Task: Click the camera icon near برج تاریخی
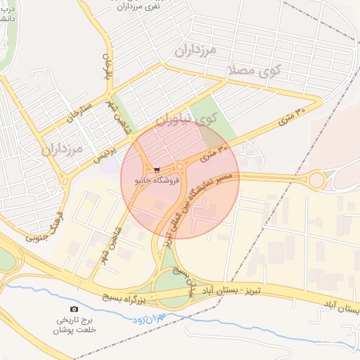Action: click(x=75, y=309)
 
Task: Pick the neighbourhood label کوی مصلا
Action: click(x=254, y=70)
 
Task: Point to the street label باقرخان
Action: click(x=108, y=67)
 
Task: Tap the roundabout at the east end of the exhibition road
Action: click(x=316, y=180)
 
